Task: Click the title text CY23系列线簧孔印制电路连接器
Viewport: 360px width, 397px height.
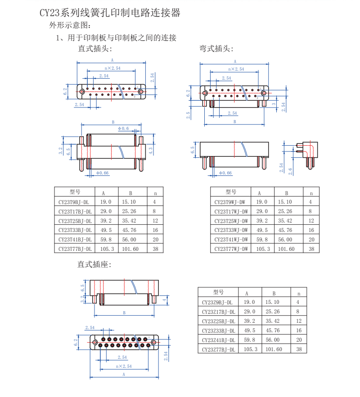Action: pyautogui.click(x=110, y=13)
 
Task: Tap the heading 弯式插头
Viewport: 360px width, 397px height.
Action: pyautogui.click(x=216, y=49)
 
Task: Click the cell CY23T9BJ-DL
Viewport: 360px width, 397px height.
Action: pyautogui.click(x=75, y=202)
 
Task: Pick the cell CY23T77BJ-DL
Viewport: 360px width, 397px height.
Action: pyautogui.click(x=75, y=249)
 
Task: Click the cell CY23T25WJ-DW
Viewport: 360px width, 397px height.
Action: pyautogui.click(x=231, y=221)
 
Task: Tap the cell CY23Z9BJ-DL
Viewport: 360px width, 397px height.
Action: pyautogui.click(x=217, y=303)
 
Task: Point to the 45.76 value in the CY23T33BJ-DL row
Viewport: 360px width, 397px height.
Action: pyautogui.click(x=129, y=230)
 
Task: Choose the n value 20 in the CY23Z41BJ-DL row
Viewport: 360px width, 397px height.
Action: pyautogui.click(x=299, y=340)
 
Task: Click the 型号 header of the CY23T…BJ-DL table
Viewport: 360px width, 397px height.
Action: pyautogui.click(x=75, y=192)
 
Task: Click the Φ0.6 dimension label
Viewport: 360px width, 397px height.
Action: pyautogui.click(x=123, y=129)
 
